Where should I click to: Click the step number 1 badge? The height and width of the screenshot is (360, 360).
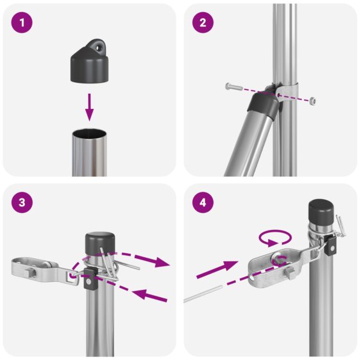point(22,24)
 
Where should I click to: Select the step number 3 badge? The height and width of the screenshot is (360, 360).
point(22,203)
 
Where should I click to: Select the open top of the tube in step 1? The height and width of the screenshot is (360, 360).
point(89,131)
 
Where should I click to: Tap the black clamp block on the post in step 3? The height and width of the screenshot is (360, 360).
point(89,279)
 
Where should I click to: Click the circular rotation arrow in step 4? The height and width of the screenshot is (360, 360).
point(275,237)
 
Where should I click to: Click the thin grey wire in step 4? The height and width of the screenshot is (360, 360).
point(206,293)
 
